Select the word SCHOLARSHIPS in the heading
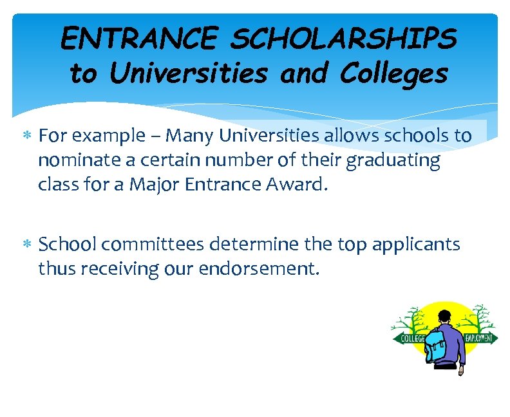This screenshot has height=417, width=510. (343, 40)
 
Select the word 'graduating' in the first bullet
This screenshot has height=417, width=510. (393, 161)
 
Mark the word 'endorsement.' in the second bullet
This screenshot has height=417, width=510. (257, 268)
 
